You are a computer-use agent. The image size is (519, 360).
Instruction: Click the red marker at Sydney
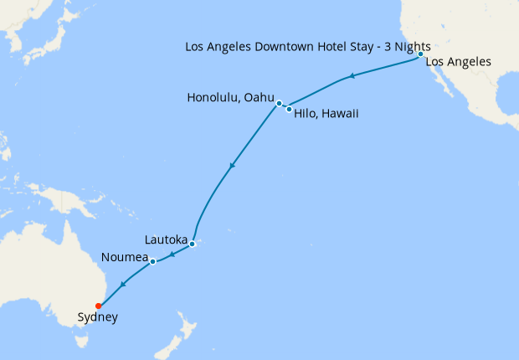click(99, 306)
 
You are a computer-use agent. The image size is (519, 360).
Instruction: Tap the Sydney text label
click(97, 317)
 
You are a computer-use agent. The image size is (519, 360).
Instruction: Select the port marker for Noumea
click(153, 262)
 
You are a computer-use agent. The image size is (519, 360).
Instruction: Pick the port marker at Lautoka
click(192, 244)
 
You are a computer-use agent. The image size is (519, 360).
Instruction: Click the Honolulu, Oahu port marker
click(279, 104)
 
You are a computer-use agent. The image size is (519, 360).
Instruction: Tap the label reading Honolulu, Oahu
click(231, 98)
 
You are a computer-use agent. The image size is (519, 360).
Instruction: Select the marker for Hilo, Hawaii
click(289, 109)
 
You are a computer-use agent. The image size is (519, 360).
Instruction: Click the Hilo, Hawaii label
click(326, 114)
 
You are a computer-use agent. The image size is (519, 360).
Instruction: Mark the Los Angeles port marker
click(420, 54)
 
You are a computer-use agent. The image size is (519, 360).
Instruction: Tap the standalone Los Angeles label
click(458, 62)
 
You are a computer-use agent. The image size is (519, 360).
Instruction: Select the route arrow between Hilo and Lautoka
click(231, 165)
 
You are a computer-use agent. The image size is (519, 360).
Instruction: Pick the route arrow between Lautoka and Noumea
click(172, 255)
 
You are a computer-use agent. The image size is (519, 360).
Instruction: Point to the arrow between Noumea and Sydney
click(123, 285)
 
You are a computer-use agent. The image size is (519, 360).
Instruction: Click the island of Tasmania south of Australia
click(81, 339)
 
